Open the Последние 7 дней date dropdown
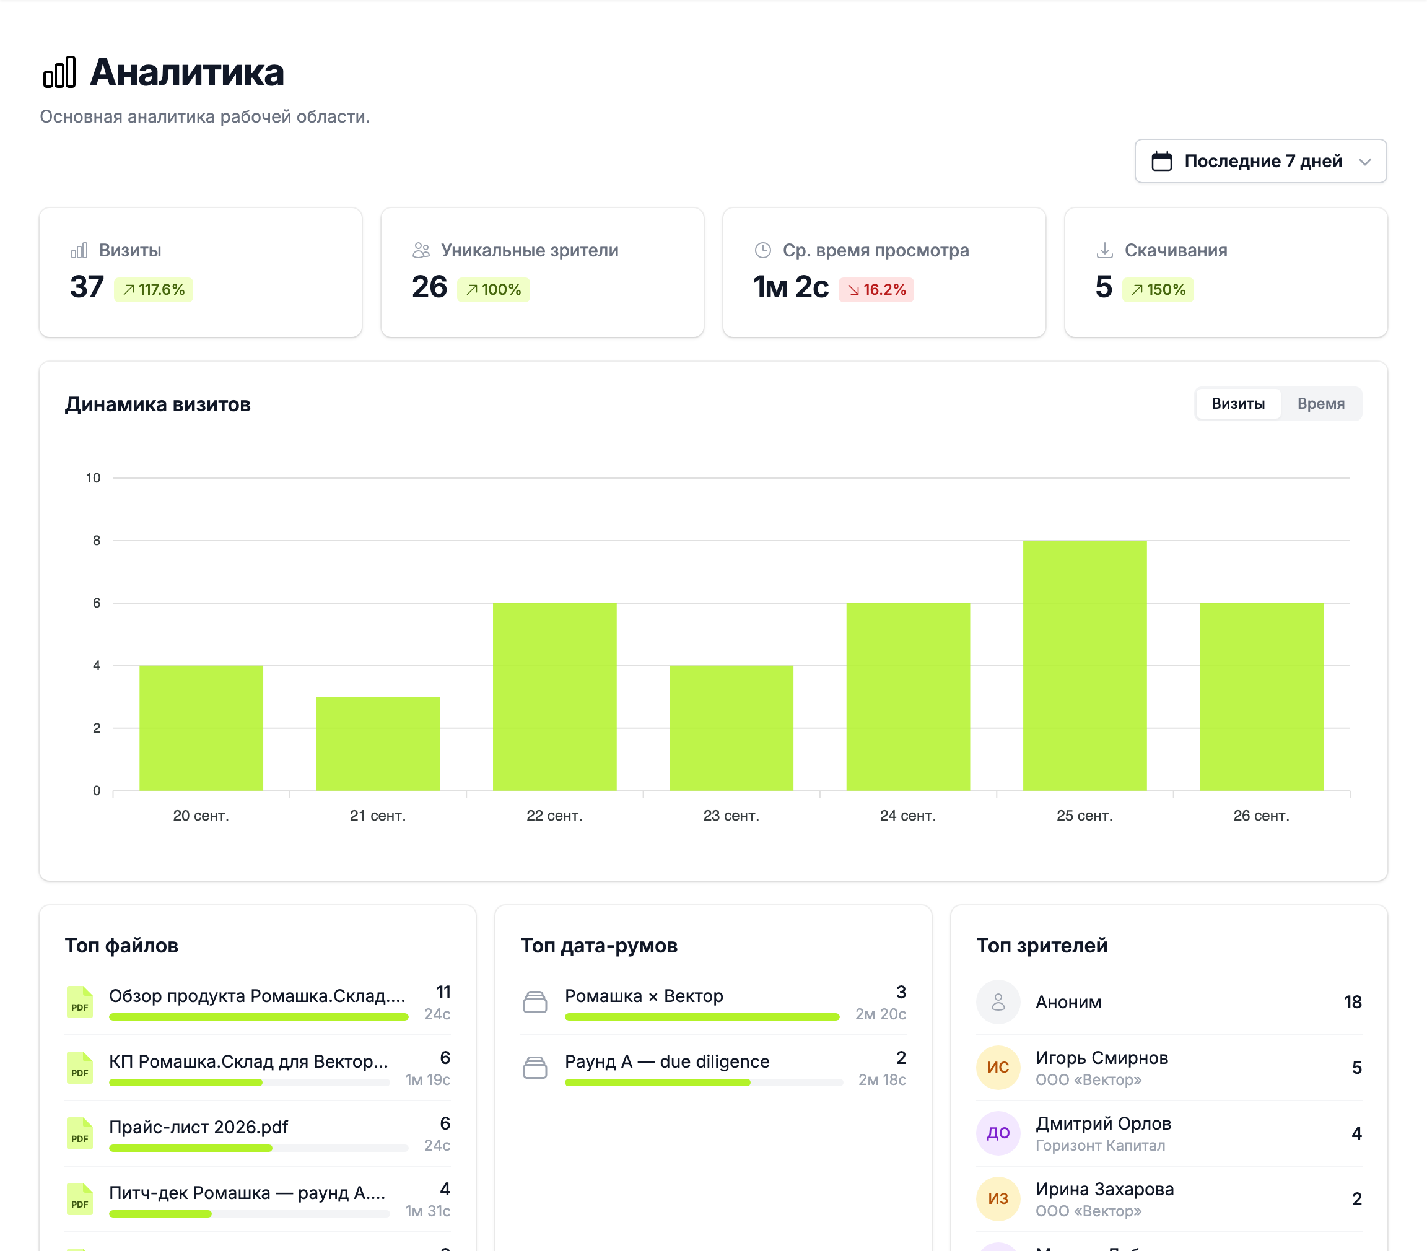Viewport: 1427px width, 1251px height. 1260,161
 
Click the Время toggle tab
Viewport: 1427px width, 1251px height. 1320,404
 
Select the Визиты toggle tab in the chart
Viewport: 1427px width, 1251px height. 1238,404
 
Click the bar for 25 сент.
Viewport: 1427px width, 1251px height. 1084,665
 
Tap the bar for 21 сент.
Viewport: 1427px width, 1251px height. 378,744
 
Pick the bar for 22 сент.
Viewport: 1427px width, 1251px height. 554,697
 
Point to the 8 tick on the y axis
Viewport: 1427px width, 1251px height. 97,540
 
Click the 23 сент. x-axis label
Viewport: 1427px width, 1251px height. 731,816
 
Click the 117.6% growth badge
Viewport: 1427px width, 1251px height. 154,290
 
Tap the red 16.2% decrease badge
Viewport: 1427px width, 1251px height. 876,290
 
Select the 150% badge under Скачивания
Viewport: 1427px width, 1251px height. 1158,290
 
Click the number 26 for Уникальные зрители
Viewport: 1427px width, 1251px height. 429,287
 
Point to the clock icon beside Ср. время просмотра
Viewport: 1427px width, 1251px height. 763,250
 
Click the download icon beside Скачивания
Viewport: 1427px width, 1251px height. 1104,250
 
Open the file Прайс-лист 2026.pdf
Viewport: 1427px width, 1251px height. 198,1127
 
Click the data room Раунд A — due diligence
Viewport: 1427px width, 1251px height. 666,1061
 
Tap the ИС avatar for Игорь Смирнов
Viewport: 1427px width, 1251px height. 998,1068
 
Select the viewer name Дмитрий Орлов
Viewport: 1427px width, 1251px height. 1103,1123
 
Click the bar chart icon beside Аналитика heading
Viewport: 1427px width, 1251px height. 59,72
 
